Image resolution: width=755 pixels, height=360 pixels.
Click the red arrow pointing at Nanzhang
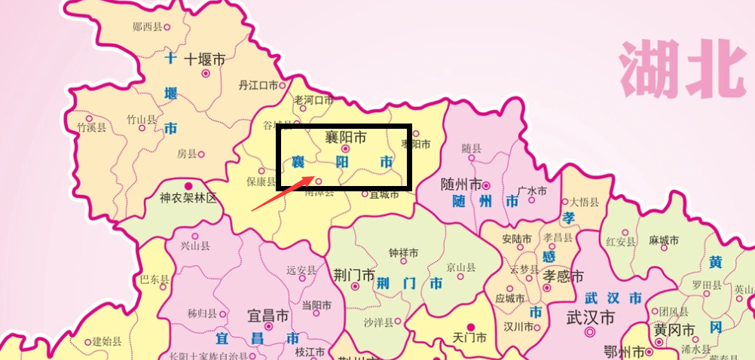pyautogui.click(x=282, y=193)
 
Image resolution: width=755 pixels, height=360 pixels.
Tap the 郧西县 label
pyautogui.click(x=147, y=27)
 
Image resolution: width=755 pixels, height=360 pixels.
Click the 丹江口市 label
pyautogui.click(x=258, y=85)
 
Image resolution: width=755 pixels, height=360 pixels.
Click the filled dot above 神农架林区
pyautogui.click(x=188, y=185)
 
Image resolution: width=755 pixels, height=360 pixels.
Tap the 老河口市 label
pyautogui.click(x=313, y=100)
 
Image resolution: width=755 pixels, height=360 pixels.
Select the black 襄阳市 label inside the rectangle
pyautogui.click(x=346, y=137)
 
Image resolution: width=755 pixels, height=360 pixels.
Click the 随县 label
pyautogui.click(x=471, y=148)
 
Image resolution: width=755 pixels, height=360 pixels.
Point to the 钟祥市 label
pyautogui.click(x=403, y=253)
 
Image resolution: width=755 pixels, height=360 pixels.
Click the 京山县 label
pyautogui.click(x=460, y=267)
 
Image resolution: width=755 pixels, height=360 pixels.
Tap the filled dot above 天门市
pyautogui.click(x=472, y=326)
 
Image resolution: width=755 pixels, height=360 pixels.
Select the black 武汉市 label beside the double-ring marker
pyautogui.click(x=591, y=317)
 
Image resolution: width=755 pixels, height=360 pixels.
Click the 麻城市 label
pyautogui.click(x=664, y=240)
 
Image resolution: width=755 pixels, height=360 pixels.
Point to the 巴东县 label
pyautogui.click(x=154, y=279)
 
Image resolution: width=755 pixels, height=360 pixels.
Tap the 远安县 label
pyautogui.click(x=301, y=270)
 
